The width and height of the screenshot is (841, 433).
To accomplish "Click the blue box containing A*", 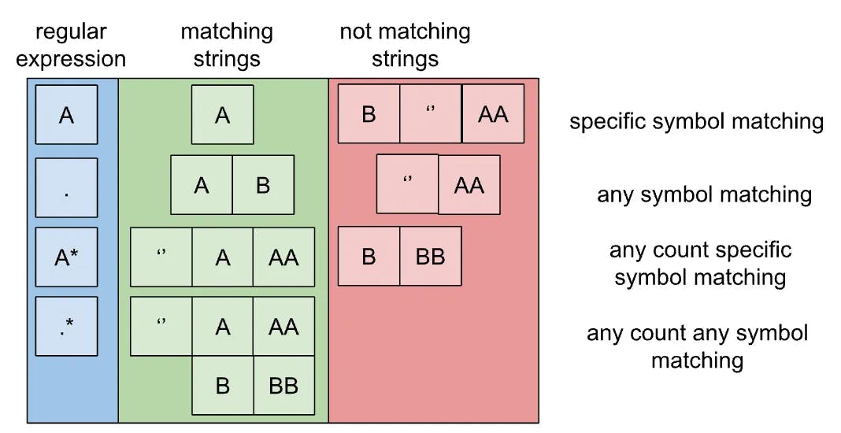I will point(66,257).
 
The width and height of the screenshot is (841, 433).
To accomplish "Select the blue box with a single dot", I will point(66,187).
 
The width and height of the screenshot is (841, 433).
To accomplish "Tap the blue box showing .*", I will point(66,326).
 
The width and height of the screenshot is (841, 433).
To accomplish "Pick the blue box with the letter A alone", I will point(66,115).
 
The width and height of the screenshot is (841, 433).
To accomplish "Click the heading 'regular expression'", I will point(71,46).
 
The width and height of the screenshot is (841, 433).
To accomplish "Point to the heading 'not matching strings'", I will point(405,46).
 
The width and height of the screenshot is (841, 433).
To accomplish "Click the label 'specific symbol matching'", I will point(696,122).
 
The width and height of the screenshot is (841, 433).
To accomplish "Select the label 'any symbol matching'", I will point(704,194).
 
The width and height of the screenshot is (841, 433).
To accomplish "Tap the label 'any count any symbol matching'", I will point(697,346).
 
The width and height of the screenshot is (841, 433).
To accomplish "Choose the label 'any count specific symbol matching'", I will point(700,264).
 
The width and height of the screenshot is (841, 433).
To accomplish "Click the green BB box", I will point(283,385).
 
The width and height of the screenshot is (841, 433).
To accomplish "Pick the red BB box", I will point(430,256).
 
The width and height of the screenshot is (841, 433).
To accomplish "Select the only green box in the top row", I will point(222,115).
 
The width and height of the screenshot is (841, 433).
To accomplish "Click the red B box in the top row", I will point(369,114).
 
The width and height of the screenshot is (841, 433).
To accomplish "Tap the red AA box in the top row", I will point(493,114).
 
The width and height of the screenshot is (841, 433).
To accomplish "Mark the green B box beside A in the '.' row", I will point(263,184).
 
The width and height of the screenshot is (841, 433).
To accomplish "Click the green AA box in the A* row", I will point(283,257).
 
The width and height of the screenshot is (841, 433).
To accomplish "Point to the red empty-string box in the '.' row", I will point(407,183).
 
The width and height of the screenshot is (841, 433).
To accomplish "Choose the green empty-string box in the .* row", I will point(161,325).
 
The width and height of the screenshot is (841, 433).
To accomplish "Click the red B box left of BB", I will point(369,256).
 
